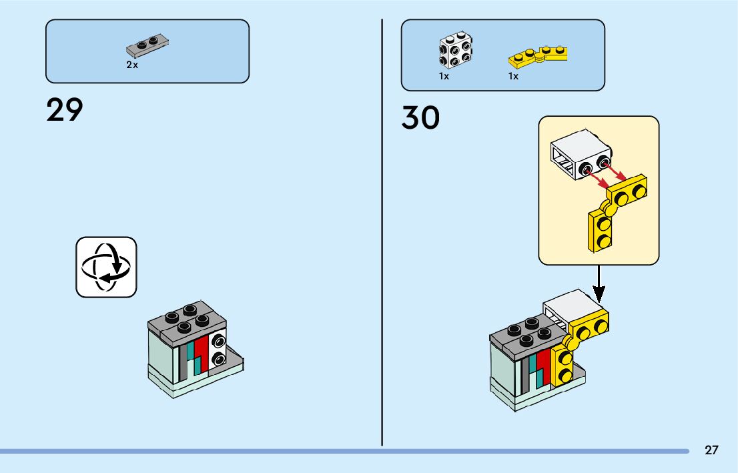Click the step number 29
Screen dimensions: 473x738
pos(65,110)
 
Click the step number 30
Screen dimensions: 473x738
pos(420,118)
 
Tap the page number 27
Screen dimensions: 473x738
pos(711,450)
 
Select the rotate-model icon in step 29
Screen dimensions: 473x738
pos(106,267)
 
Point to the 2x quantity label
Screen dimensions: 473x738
pos(132,65)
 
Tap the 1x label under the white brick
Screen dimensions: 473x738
pos(444,76)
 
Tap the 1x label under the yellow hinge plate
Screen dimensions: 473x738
pos(513,76)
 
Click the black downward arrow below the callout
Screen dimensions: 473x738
pos(599,283)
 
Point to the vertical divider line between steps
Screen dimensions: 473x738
pos(382,233)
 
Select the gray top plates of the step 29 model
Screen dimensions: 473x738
pos(188,320)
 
